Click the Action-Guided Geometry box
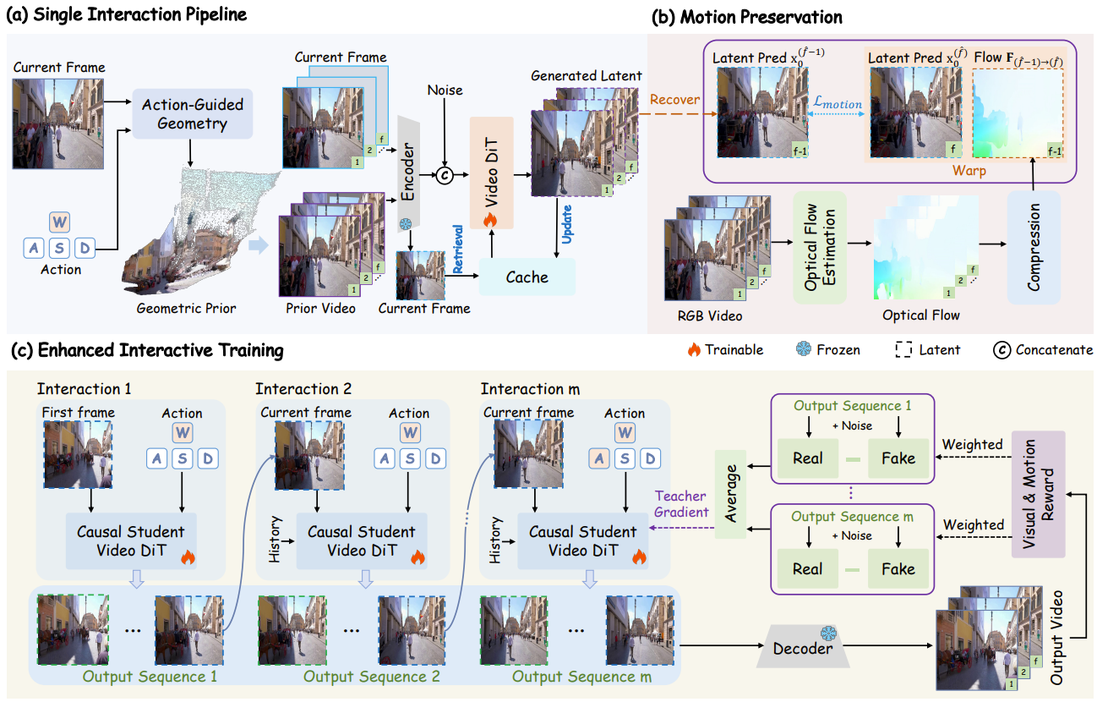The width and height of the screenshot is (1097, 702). pos(193,114)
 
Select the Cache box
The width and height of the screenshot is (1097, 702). pos(527,277)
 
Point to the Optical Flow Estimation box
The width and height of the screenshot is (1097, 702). pos(819,247)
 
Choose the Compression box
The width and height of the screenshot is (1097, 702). pos(1034,246)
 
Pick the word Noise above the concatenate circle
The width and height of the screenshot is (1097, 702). pos(445,90)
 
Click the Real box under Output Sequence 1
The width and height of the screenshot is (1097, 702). pos(807,458)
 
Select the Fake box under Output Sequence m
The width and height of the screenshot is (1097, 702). pos(898,568)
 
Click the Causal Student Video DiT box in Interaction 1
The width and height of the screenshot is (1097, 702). pos(131,541)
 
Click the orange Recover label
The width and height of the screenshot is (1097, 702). pos(674,99)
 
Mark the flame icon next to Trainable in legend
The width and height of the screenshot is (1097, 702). pos(694,350)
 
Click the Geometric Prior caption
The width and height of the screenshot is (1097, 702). pos(186,308)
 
